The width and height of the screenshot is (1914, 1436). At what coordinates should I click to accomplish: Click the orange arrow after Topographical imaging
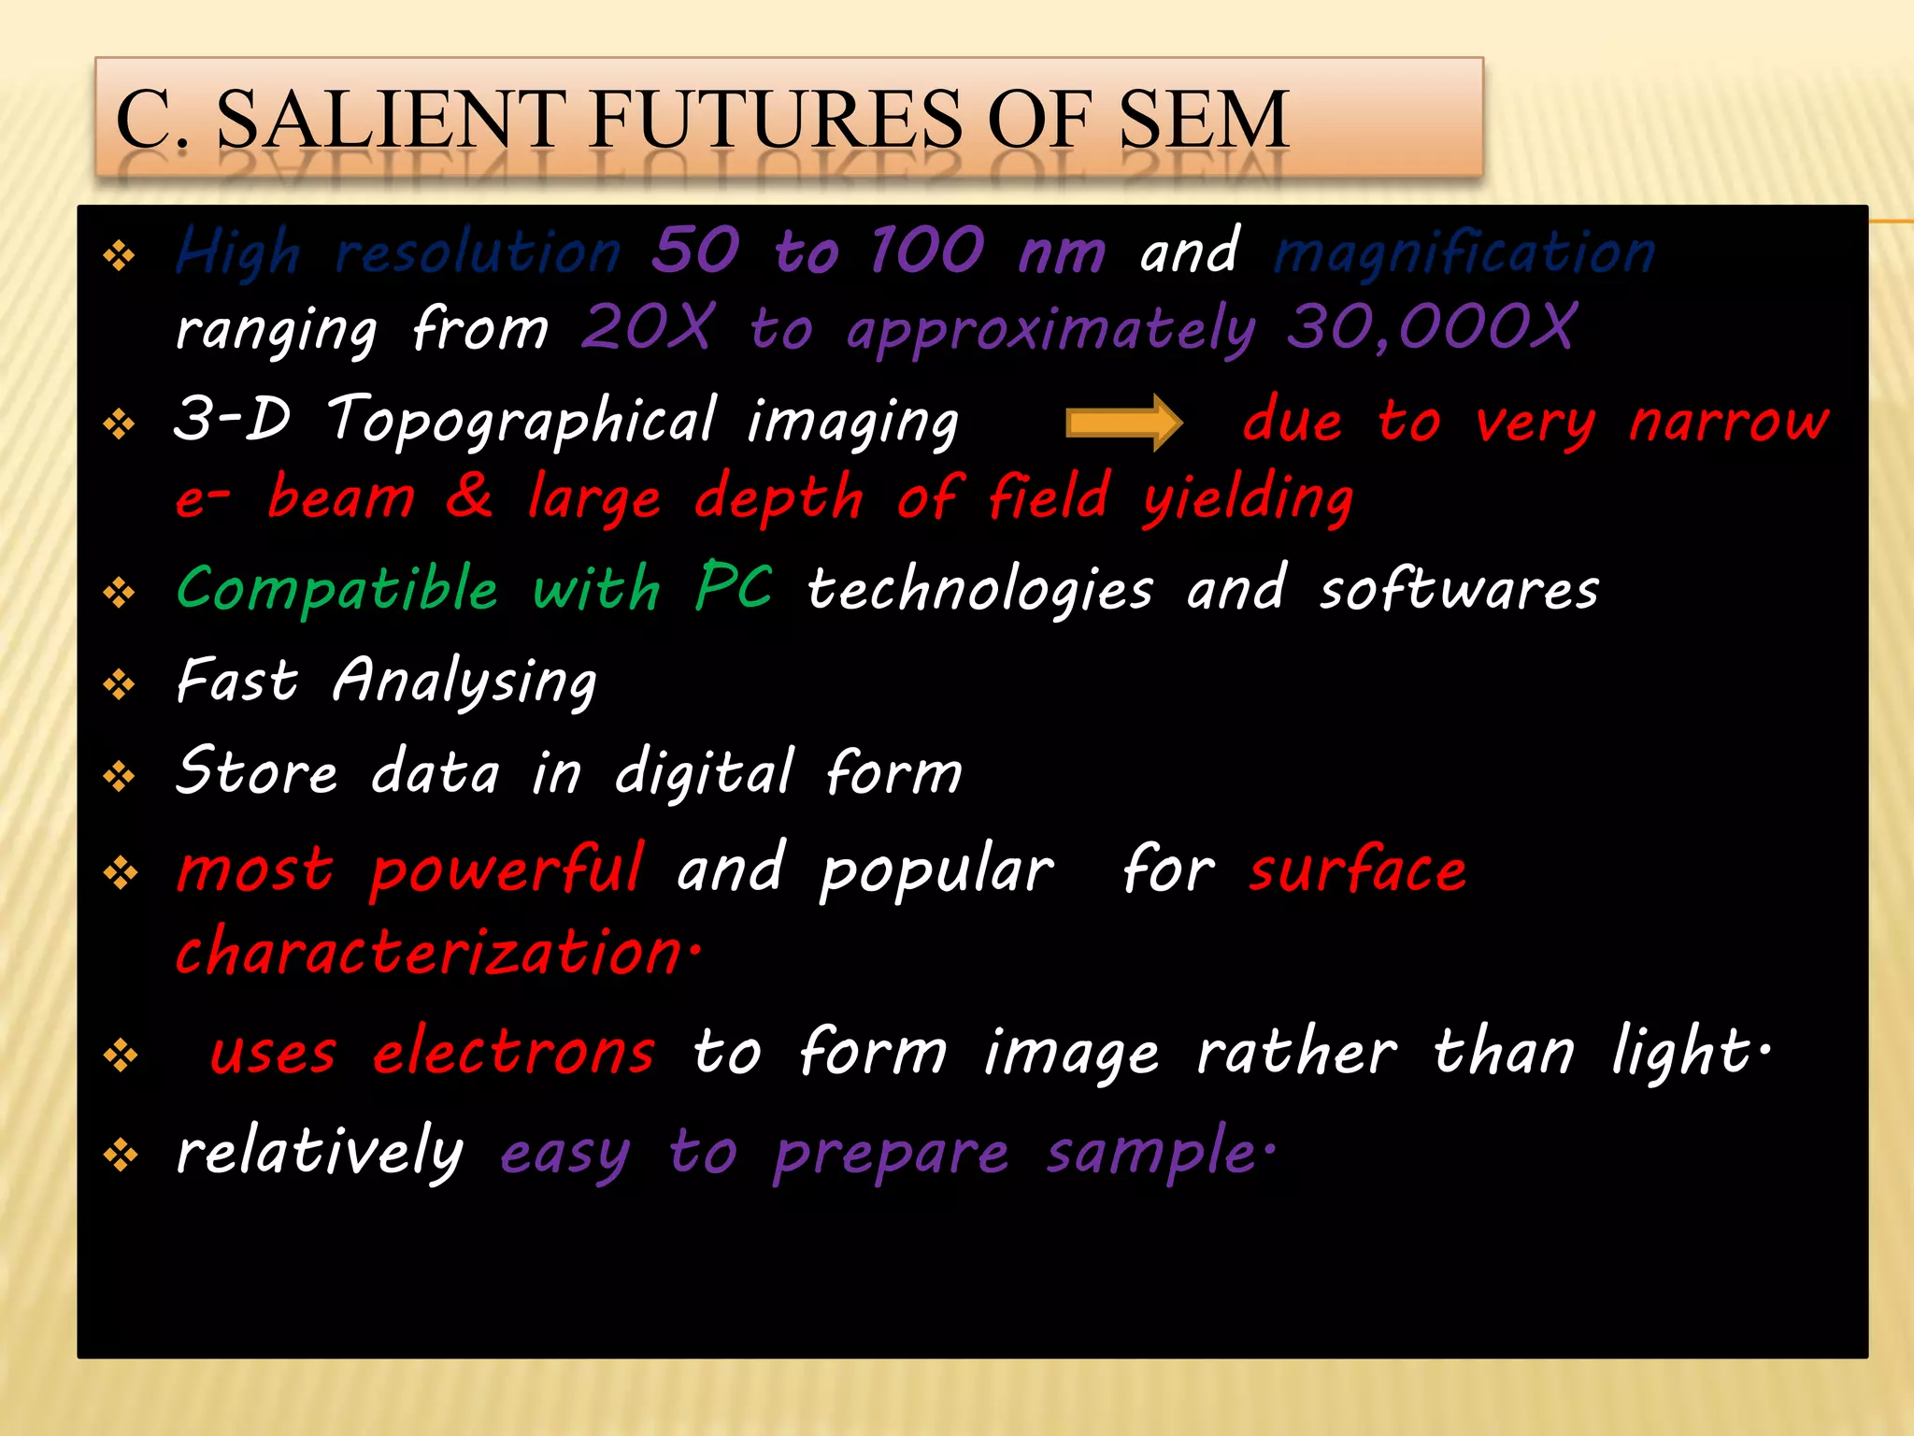pyautogui.click(x=1124, y=423)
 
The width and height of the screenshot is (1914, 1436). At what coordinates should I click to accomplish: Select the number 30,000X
pyautogui.click(x=1431, y=328)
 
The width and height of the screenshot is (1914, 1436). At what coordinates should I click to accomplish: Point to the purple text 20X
pyautogui.click(x=647, y=328)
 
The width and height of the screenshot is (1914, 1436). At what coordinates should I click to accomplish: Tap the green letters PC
pyautogui.click(x=735, y=587)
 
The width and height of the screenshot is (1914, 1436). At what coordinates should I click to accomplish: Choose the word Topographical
pyautogui.click(x=523, y=421)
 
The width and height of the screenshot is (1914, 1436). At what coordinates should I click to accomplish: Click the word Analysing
pyautogui.click(x=464, y=682)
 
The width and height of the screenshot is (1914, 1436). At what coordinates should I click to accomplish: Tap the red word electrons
pyautogui.click(x=514, y=1053)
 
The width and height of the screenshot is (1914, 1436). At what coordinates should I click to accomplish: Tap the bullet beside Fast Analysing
pyautogui.click(x=120, y=685)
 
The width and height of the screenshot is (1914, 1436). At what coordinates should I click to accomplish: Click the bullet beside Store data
pyautogui.click(x=120, y=776)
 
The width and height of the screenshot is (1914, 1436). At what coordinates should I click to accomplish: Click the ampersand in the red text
pyautogui.click(x=469, y=495)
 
